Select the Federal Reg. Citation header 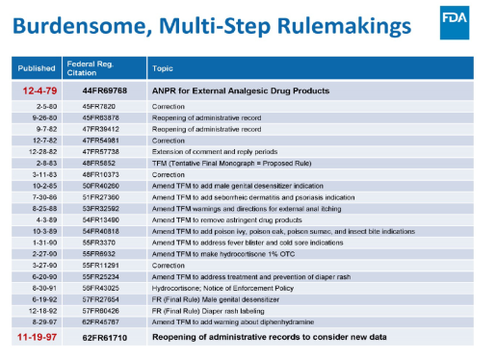click(x=91, y=67)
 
